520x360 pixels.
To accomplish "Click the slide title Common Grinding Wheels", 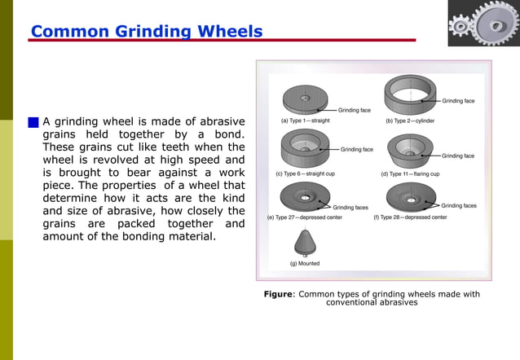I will coord(147,33).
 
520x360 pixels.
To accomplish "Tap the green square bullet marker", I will coord(33,122).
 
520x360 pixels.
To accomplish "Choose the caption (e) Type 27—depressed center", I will coord(305,217).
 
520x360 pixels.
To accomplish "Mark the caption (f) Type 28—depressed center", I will coord(410,217).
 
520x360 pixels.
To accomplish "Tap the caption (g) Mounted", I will coord(305,263).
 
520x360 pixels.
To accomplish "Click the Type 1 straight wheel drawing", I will coord(307,99).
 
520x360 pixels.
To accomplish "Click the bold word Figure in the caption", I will coord(277,294).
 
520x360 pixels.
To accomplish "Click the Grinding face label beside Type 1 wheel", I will coord(355,108).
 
